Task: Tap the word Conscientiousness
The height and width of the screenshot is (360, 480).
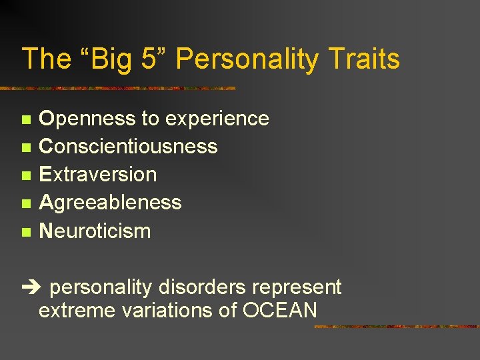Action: coord(128,147)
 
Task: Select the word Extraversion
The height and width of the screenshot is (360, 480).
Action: coord(98,175)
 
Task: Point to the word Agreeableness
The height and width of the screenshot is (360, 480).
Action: coord(110,203)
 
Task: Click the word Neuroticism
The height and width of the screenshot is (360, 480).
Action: coord(95,231)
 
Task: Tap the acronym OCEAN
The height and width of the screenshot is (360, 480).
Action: coord(279,311)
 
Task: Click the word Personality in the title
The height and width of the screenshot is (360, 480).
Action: coord(247,60)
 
